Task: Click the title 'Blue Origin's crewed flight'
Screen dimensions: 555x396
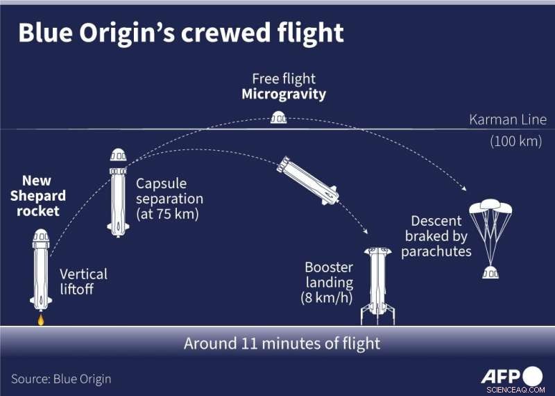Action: coord(180,33)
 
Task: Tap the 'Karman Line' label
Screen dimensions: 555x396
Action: coord(508,119)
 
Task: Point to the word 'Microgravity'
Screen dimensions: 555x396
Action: coord(284,94)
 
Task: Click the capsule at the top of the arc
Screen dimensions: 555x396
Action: coord(277,117)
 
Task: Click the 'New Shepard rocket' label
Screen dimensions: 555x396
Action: coord(37,196)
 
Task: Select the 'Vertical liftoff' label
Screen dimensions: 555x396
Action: coord(83,281)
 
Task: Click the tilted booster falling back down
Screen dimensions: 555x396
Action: coord(307,179)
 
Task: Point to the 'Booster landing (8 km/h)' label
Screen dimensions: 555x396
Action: coord(329,283)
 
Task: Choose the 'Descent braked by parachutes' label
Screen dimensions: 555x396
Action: coord(436,236)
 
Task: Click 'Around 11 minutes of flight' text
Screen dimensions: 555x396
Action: coord(282,343)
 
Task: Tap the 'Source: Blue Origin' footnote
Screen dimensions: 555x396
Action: coord(61,379)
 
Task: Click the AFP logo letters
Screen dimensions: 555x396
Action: coord(502,376)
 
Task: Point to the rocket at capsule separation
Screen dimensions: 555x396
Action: coord(117,192)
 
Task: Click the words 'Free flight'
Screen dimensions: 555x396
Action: coord(284,79)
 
